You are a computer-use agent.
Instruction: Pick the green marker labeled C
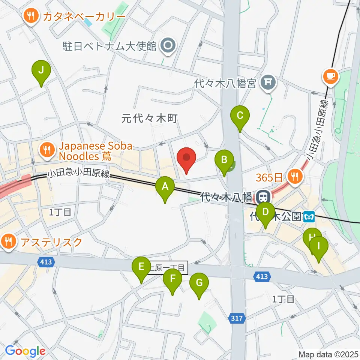(x=240, y=117)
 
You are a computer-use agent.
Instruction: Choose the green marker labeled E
(x=141, y=268)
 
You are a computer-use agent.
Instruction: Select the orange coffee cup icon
(x=330, y=77)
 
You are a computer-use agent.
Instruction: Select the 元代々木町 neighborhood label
(x=149, y=118)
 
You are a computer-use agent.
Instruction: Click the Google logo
(x=25, y=351)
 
